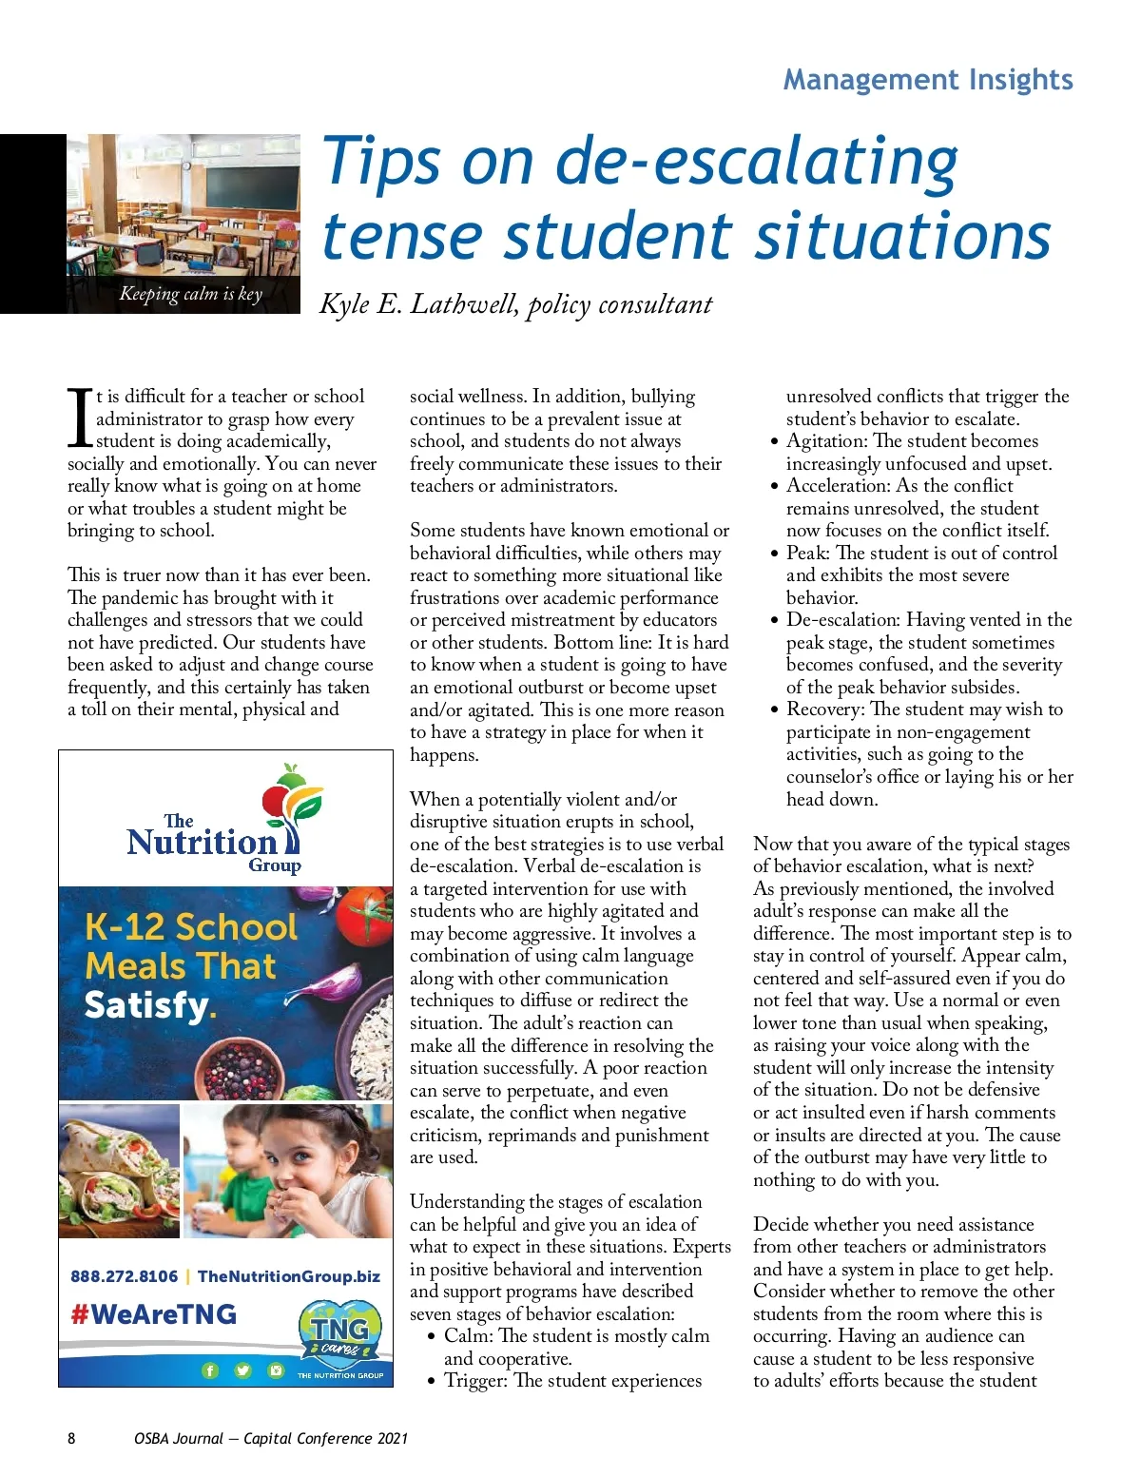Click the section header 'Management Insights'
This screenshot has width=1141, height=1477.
tap(928, 80)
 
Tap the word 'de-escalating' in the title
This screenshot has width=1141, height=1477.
tap(757, 162)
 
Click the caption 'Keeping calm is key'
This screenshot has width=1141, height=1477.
tap(190, 294)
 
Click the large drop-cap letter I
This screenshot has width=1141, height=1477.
tap(80, 418)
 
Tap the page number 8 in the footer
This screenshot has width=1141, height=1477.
tap(71, 1438)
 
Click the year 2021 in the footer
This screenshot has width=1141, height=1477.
tap(392, 1438)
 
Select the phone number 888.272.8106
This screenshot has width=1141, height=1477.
tap(124, 1276)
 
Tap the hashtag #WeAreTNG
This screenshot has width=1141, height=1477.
tap(153, 1314)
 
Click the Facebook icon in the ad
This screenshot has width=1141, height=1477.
tap(210, 1370)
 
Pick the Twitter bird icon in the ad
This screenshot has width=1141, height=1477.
tap(242, 1370)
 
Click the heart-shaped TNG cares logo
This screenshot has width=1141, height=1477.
tap(339, 1333)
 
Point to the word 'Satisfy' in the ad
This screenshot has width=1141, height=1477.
tap(146, 1005)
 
